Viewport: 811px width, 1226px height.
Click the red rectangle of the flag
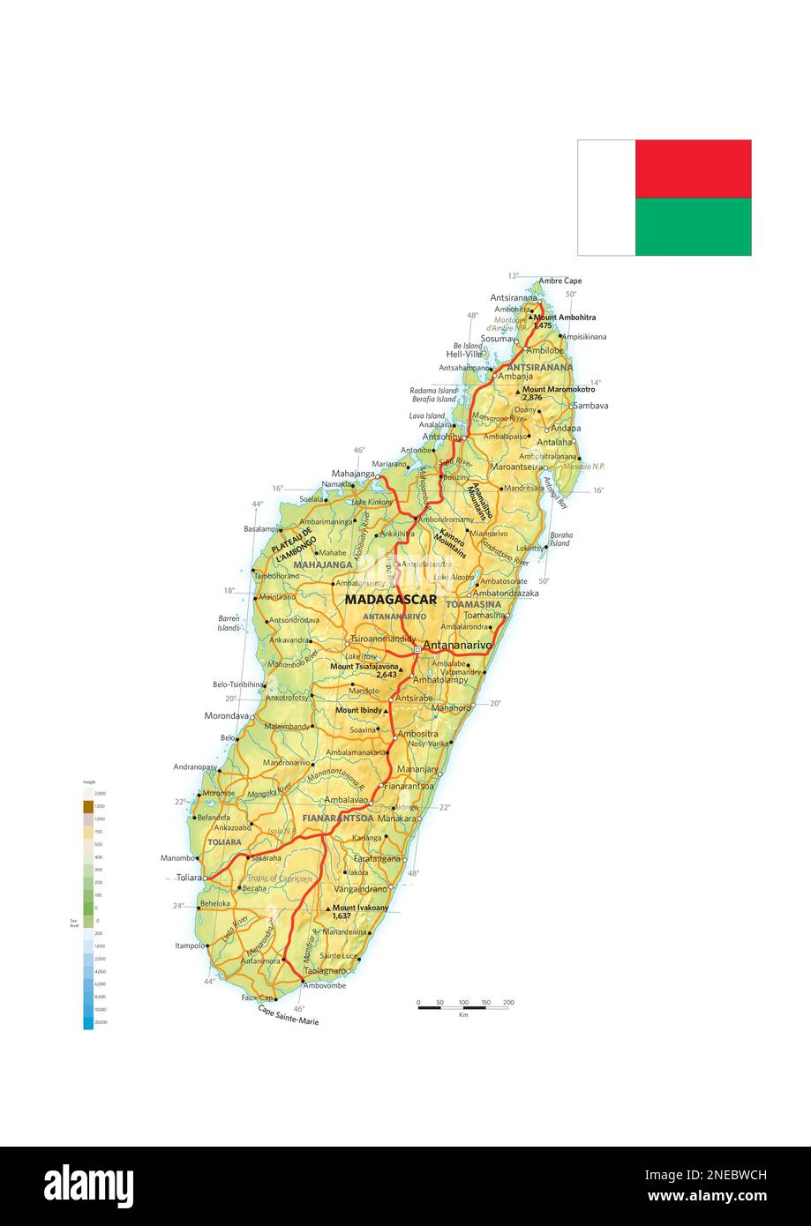point(693,168)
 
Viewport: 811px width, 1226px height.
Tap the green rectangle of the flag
point(693,227)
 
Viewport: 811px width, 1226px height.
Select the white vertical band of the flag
point(606,198)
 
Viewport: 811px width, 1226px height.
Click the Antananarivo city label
point(457,646)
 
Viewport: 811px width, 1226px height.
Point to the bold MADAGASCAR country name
point(391,600)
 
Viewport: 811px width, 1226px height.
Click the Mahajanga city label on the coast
point(353,474)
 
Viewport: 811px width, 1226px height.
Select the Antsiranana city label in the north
point(514,298)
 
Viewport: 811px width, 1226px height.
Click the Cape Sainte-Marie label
point(288,1015)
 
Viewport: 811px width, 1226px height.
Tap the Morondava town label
point(227,716)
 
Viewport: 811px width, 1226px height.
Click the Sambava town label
point(590,406)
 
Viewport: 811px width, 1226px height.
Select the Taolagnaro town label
point(325,970)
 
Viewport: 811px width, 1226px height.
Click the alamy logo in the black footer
point(88,1186)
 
